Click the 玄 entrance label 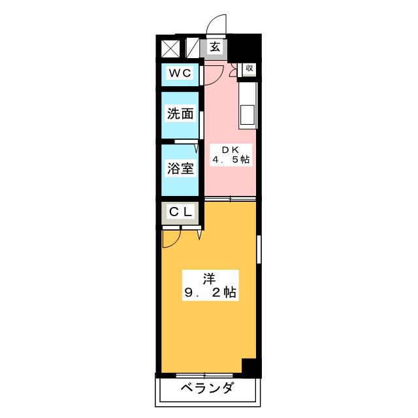pos(215,46)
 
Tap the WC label pos(180,73)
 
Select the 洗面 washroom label pos(180,113)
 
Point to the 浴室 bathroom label pos(180,168)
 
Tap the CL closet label pos(180,212)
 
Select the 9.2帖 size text pos(209,294)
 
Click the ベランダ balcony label pos(206,389)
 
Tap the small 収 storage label pos(249,68)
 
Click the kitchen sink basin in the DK pos(248,115)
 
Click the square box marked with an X pos(170,48)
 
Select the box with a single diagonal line pos(193,48)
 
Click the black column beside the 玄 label pos(247,46)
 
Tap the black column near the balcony pos(249,367)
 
